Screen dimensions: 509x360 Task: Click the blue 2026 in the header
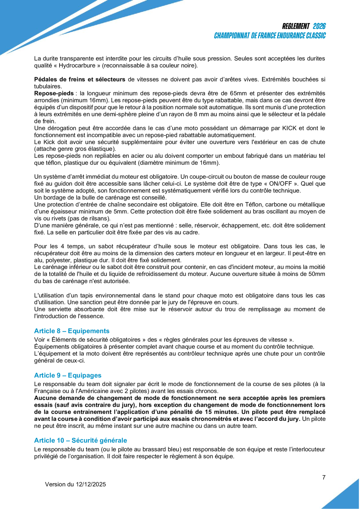point(319,26)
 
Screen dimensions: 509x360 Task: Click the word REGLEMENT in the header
point(296,26)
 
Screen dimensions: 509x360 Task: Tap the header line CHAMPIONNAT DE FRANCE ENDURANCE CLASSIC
point(270,36)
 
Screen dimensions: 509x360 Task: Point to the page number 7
point(324,477)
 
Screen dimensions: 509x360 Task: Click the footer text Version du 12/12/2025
point(76,484)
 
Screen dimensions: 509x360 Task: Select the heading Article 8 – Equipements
point(72,331)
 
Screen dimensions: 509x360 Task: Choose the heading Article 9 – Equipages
point(68,375)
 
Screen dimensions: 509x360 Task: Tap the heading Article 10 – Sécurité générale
point(80,440)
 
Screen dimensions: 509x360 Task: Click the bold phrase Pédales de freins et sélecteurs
point(80,79)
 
